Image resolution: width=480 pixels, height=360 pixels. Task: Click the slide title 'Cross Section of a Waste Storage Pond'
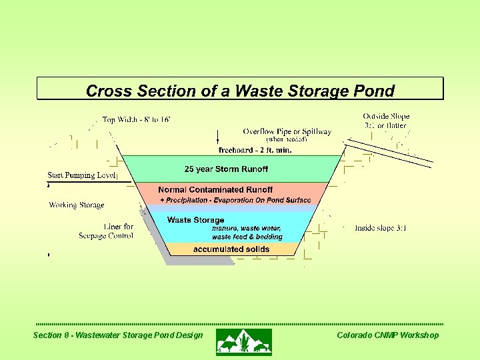(x=240, y=90)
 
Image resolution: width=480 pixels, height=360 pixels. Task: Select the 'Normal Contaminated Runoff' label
(x=215, y=190)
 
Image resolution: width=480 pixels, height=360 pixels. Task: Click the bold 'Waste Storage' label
(x=195, y=220)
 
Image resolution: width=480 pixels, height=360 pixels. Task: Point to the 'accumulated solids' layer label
(x=231, y=249)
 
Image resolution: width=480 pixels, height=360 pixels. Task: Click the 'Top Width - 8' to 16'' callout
(x=136, y=120)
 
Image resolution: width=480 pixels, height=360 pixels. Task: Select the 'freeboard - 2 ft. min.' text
(x=255, y=150)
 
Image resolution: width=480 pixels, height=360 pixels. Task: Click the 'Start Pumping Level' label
(x=81, y=175)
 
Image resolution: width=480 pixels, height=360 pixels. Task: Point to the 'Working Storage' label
(x=77, y=205)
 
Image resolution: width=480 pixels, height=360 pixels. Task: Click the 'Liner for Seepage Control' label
(x=107, y=231)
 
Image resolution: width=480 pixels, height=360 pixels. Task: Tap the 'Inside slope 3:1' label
(x=381, y=229)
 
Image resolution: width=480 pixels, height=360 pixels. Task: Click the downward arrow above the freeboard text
(x=219, y=137)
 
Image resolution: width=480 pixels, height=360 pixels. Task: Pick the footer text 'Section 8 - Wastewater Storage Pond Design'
(x=118, y=335)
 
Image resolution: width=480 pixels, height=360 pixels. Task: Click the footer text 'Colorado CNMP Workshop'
(x=388, y=335)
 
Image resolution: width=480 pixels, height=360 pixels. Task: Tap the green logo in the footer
(x=243, y=341)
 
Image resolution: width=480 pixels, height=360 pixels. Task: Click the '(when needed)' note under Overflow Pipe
(x=287, y=140)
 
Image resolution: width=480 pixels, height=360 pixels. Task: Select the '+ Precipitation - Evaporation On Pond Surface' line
(x=235, y=201)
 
